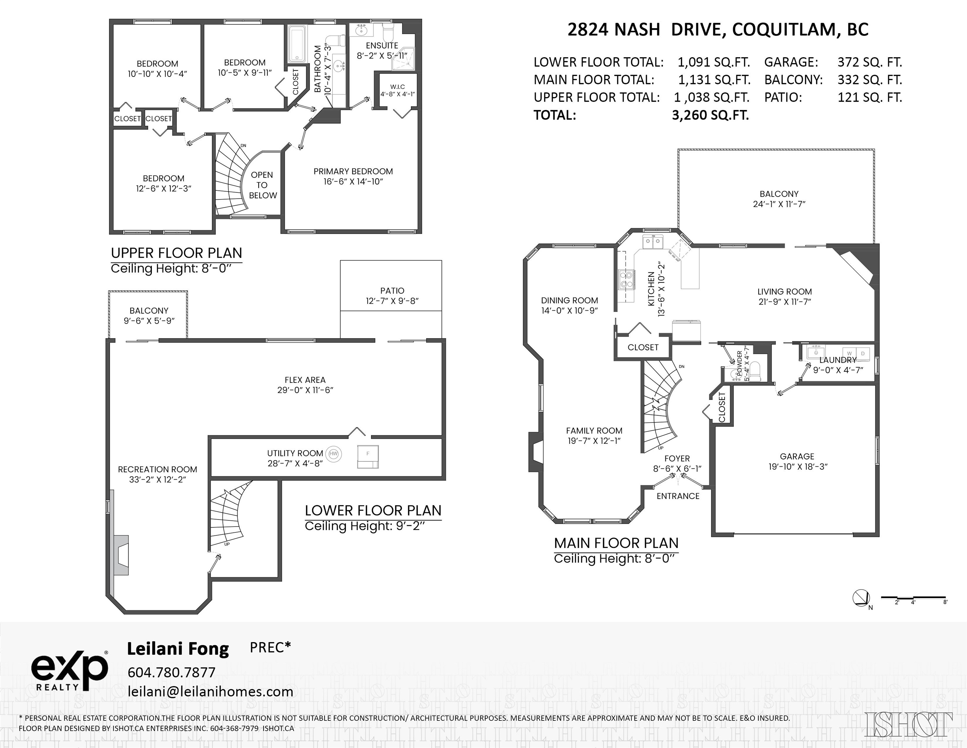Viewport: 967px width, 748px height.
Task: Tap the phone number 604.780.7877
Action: point(171,672)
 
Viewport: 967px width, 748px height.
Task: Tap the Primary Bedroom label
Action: point(353,176)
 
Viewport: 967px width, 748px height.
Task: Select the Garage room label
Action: point(797,461)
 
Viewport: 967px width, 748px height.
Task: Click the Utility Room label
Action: point(295,458)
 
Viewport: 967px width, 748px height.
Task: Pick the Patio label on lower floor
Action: point(392,295)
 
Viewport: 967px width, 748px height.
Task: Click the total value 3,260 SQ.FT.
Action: point(710,115)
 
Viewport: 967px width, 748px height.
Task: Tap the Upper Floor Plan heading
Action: point(176,253)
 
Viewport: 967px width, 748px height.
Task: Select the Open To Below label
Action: point(262,185)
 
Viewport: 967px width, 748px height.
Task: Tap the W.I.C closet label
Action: point(397,90)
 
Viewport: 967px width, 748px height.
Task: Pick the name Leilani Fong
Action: point(178,649)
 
